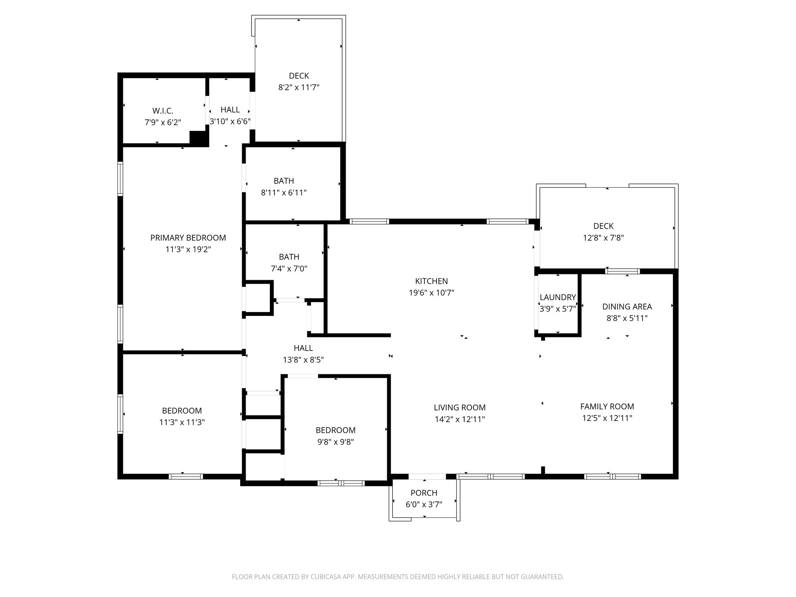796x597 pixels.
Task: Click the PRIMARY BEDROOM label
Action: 188,238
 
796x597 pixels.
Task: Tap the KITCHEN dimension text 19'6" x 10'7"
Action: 431,293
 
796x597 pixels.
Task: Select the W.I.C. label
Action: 163,111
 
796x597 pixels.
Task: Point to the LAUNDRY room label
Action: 558,297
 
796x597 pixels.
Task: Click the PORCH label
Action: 424,493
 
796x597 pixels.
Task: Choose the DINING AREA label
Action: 627,307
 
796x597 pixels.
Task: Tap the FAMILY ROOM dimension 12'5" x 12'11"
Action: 607,418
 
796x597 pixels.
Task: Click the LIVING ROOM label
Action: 460,408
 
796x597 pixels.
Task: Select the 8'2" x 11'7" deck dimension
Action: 299,87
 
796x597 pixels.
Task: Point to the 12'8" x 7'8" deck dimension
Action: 604,238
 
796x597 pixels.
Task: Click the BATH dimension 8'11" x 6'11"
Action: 284,193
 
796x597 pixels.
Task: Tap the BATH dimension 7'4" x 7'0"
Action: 289,269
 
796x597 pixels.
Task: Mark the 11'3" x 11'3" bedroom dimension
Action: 182,422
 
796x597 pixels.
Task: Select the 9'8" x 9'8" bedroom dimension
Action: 335,442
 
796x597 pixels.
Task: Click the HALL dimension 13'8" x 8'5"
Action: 303,360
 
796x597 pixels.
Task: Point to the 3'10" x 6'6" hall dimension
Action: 230,122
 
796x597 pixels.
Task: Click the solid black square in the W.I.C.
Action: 198,138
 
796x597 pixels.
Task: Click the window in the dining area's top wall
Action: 623,271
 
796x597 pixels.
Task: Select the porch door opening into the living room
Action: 427,477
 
